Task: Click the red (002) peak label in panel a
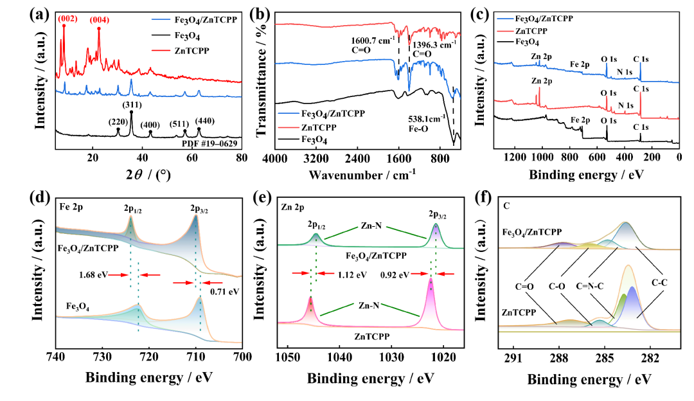click(x=68, y=19)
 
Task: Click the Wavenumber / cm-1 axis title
click(x=362, y=174)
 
